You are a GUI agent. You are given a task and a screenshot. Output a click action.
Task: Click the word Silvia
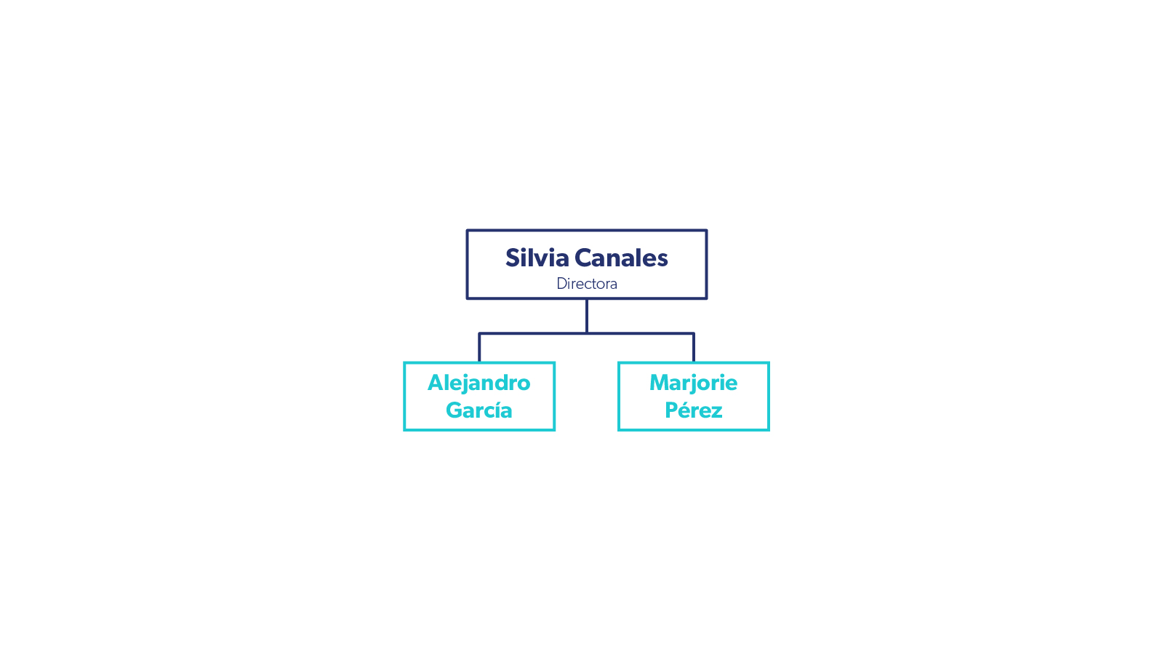pyautogui.click(x=537, y=258)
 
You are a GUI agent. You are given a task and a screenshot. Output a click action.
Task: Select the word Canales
pyautogui.click(x=621, y=258)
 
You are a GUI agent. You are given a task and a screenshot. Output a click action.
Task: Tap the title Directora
pyautogui.click(x=586, y=284)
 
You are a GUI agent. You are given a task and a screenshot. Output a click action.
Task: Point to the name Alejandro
pyautogui.click(x=479, y=383)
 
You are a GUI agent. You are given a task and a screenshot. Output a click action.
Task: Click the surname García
pyautogui.click(x=479, y=410)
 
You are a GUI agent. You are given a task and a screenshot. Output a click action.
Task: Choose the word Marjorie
pyautogui.click(x=693, y=383)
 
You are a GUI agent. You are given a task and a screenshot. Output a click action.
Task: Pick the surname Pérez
pyautogui.click(x=693, y=410)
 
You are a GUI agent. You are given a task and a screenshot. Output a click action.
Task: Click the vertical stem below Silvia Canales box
pyautogui.click(x=587, y=315)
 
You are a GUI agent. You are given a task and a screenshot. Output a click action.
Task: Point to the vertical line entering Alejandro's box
pyautogui.click(x=479, y=348)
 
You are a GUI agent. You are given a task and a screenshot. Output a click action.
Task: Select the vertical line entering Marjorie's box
pyautogui.click(x=694, y=348)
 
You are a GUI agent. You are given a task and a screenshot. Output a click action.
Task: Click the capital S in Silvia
pyautogui.click(x=512, y=258)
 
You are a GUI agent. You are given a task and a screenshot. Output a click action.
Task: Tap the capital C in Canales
pyautogui.click(x=583, y=258)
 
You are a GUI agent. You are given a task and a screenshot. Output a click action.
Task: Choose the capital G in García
pyautogui.click(x=455, y=410)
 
